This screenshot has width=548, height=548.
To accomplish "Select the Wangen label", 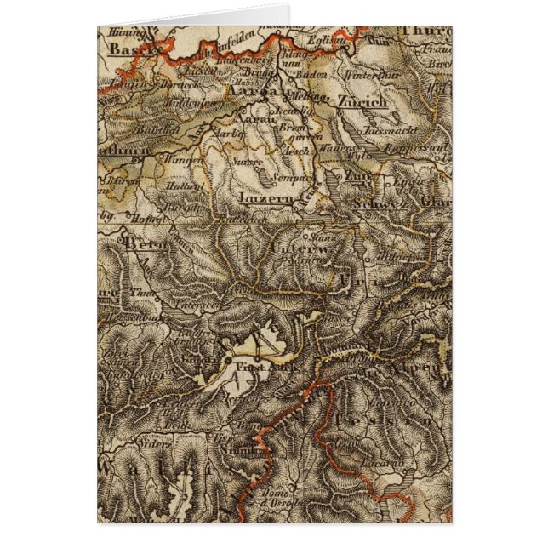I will point(186,158).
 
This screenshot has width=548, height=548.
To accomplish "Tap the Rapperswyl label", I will point(420,146).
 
